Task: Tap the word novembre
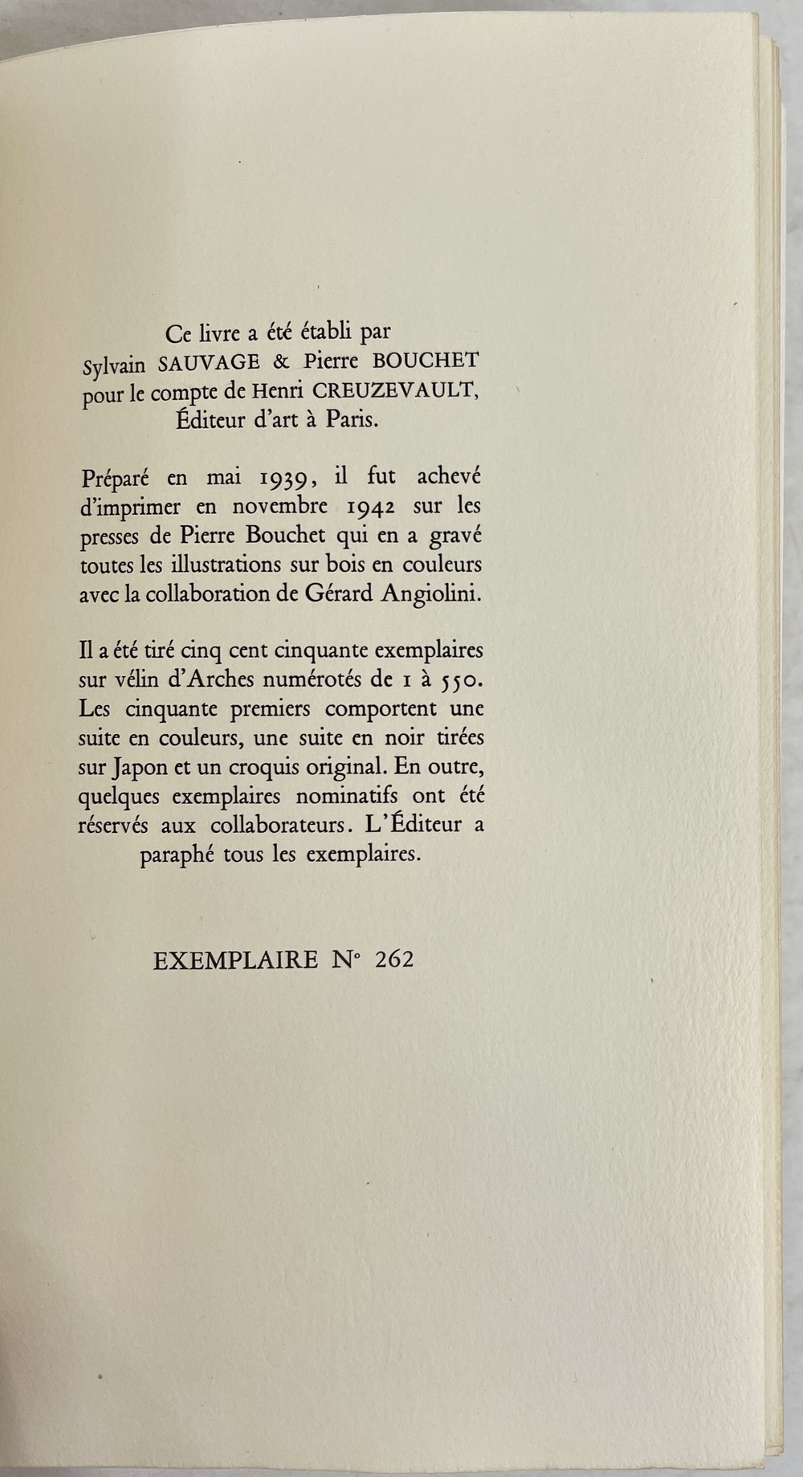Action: click(281, 508)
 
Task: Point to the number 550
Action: click(456, 681)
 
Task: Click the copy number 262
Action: click(394, 960)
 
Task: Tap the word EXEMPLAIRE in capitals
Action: click(235, 960)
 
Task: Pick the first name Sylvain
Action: click(115, 365)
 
